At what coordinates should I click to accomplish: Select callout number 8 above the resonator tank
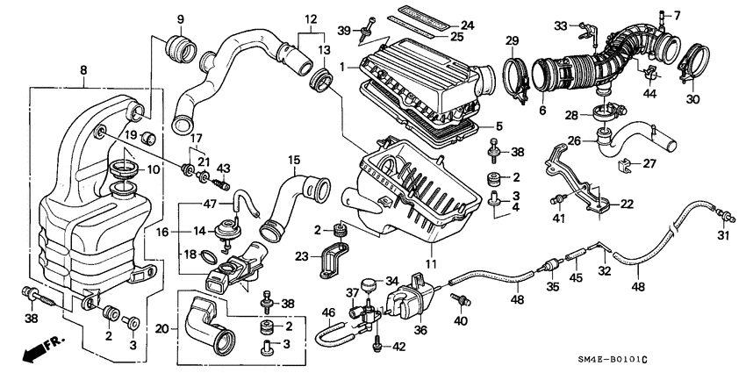(x=83, y=69)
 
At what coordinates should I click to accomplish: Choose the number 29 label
(x=513, y=40)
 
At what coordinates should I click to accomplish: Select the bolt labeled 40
(x=456, y=300)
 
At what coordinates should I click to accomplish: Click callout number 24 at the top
(x=466, y=25)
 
